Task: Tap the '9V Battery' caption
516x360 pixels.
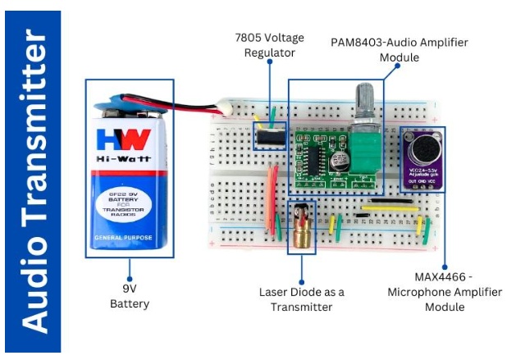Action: tap(130, 296)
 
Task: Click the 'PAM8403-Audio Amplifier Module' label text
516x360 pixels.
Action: tap(374, 49)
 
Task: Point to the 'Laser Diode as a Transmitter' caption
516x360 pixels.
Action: tap(302, 299)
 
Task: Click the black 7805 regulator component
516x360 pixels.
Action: tap(268, 134)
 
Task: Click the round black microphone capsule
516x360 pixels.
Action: tap(422, 150)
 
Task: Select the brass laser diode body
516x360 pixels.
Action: tap(301, 238)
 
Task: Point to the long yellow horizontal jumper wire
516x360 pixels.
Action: tap(390, 208)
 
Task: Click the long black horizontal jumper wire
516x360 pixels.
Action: tap(385, 201)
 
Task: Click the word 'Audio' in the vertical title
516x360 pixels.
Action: tap(34, 284)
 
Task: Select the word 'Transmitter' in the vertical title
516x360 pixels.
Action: tap(34, 131)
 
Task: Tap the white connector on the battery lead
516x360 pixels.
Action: tap(222, 107)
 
